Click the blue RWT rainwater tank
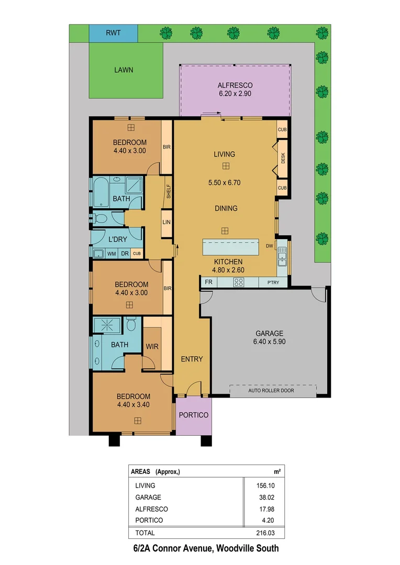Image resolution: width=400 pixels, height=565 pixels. tap(113, 33)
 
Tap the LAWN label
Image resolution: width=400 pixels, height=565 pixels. tap(124, 70)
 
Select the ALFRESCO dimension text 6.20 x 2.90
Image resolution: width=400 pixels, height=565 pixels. tap(235, 94)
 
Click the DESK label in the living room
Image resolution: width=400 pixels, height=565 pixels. tap(283, 158)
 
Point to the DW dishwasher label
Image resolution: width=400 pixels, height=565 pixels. tap(270, 246)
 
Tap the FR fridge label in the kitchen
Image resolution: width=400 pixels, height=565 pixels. tap(208, 282)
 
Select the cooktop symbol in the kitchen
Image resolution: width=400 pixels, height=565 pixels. tap(238, 282)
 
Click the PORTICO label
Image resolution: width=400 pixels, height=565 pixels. tap(194, 415)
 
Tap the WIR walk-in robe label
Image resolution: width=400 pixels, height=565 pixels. tap(152, 346)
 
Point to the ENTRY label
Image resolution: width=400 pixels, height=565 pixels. tap(192, 359)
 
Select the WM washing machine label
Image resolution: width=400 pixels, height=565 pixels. tap(112, 254)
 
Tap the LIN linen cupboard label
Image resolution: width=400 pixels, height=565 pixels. tap(167, 222)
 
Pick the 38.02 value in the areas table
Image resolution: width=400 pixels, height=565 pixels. tap(264, 498)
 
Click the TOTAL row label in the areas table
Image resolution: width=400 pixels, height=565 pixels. tap(145, 533)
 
